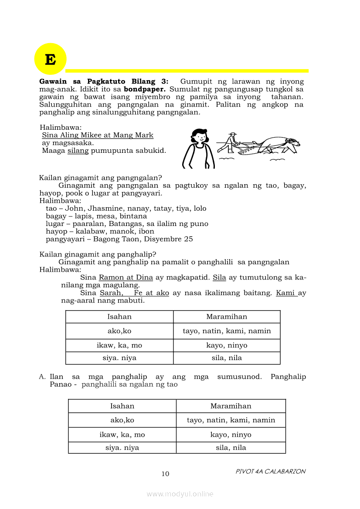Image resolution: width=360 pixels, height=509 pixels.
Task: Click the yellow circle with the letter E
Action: coord(50,59)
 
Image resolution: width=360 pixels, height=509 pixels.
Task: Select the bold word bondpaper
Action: coord(143,89)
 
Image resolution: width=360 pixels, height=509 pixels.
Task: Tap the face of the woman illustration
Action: coord(200,138)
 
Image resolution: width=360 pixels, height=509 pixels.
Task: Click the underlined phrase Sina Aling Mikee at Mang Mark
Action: coord(98,135)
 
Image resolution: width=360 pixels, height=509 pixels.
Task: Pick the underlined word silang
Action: coord(78,151)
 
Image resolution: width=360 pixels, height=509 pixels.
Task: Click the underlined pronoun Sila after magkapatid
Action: coord(219,277)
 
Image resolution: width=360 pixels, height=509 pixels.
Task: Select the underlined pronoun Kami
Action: coord(285,293)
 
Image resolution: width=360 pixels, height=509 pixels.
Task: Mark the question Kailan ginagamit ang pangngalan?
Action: coord(101,178)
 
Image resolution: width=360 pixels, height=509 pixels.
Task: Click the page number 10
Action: coord(165,474)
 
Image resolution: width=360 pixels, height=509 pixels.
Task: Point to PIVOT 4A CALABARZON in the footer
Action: coord(270,472)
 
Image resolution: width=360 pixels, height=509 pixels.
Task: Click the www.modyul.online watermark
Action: coord(180,494)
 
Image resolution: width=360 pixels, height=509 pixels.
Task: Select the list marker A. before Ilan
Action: coord(42,377)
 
